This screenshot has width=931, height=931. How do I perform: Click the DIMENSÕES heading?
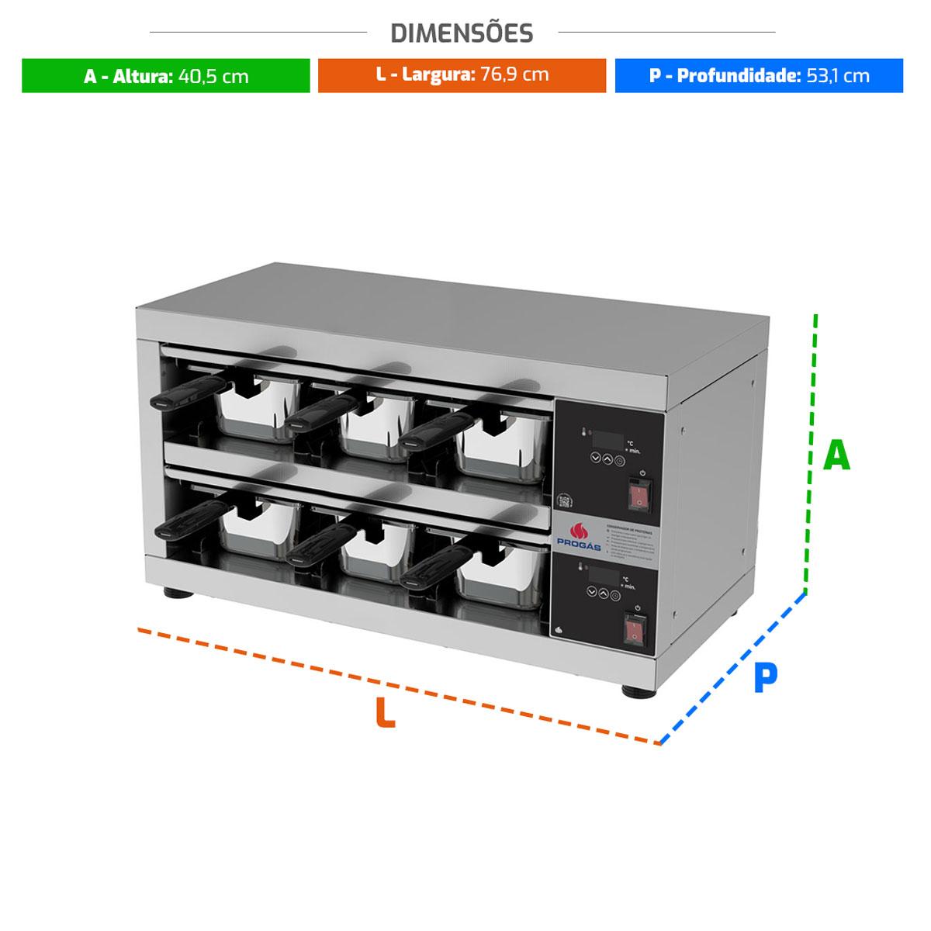tap(462, 33)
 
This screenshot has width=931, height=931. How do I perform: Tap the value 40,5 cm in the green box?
tap(213, 76)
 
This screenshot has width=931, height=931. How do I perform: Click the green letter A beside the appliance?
tap(836, 456)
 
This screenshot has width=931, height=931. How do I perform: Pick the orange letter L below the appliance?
tap(385, 713)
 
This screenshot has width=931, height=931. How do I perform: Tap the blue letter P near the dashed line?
tap(765, 678)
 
